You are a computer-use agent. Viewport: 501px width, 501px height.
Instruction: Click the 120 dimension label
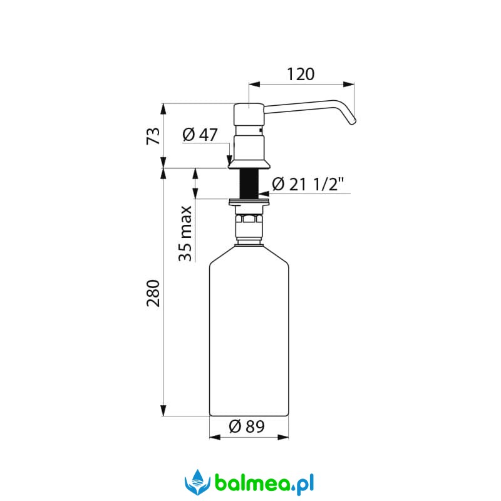[301, 74]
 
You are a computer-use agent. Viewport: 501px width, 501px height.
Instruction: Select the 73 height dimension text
[153, 136]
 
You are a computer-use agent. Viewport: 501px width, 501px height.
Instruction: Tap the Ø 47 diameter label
[200, 135]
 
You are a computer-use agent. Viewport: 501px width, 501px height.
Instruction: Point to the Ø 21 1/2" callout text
[308, 184]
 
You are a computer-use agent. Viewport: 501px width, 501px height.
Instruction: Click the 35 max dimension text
[185, 234]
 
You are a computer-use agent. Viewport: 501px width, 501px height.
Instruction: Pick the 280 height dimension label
[153, 293]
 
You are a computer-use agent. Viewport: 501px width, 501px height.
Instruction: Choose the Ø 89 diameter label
[247, 426]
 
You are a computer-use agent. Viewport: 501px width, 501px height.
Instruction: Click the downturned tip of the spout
[353, 121]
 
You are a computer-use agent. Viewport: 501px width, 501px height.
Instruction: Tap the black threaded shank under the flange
[249, 183]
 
